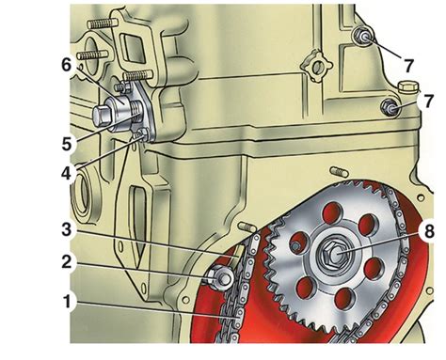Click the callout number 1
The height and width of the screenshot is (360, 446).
coord(66,302)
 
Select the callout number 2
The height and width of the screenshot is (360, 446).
coord(67,261)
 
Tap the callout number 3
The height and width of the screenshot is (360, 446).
coord(66,229)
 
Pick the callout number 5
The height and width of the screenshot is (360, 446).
coord(67,144)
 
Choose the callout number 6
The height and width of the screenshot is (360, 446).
coord(67,66)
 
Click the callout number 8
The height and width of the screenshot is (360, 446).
coord(428,231)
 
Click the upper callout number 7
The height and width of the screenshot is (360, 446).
coord(408,66)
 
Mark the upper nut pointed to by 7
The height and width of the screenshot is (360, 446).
coord(363,37)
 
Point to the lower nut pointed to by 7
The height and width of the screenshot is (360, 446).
coord(390,107)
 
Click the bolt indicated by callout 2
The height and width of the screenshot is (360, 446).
coord(220,277)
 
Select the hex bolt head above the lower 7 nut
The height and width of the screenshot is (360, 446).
coord(406,86)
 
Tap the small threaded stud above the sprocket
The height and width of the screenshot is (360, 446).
coord(338,171)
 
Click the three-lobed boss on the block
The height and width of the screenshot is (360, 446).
coord(316,67)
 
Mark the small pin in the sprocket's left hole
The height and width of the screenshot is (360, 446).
coord(295,246)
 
